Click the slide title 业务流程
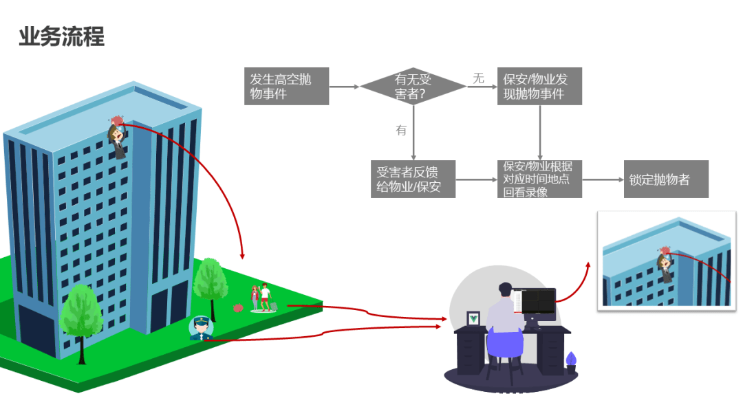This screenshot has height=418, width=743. point(62,36)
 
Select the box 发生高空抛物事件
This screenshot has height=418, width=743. point(286,86)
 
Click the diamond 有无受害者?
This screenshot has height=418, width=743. point(413,86)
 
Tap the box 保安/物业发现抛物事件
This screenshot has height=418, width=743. point(539,86)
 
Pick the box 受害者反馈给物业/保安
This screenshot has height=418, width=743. point(413,179)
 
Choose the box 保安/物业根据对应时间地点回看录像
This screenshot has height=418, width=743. point(539,179)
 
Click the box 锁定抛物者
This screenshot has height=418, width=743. point(666,179)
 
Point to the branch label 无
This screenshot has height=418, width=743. point(479,78)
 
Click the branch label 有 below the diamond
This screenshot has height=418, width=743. point(401,130)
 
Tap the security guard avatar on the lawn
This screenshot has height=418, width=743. point(201,328)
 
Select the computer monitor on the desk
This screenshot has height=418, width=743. point(538,303)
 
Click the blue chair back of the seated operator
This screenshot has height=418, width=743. point(505,343)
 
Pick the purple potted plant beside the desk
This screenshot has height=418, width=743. point(571,362)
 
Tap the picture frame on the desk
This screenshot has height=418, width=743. point(473,318)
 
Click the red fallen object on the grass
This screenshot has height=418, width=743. point(238,308)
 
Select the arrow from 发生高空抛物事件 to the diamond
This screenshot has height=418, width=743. point(345,87)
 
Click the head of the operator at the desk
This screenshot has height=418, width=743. point(506,289)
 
